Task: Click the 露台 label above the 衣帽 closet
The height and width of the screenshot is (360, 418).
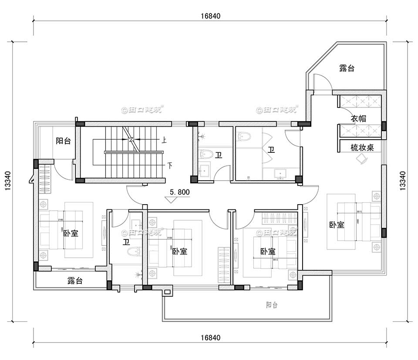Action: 347,68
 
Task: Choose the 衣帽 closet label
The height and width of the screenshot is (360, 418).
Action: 358,118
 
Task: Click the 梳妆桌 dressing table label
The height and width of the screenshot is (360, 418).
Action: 362,148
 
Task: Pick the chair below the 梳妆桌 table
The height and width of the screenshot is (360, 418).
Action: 361,159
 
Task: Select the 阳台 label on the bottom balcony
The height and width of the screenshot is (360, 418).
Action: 271,305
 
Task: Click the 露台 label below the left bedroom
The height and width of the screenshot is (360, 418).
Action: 75,281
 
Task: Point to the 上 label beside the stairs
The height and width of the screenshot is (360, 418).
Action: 165,140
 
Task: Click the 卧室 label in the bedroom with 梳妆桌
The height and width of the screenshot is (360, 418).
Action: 337,225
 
